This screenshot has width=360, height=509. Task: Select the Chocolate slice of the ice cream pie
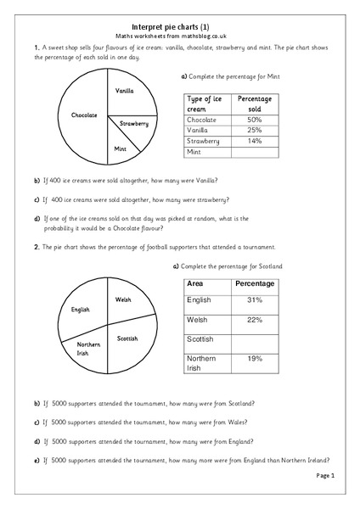[84, 115]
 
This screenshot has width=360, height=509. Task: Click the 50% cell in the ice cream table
[254, 120]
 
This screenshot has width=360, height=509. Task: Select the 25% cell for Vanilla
[254, 131]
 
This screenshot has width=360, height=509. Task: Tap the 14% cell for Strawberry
[254, 141]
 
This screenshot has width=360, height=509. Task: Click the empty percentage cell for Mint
[254, 152]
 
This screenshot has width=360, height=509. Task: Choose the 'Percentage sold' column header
[254, 104]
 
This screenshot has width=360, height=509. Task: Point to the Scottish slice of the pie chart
[127, 339]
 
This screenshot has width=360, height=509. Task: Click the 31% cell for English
[254, 301]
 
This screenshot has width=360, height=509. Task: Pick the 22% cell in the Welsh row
[254, 320]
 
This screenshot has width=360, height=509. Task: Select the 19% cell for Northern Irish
[254, 360]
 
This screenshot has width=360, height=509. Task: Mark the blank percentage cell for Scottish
[254, 339]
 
